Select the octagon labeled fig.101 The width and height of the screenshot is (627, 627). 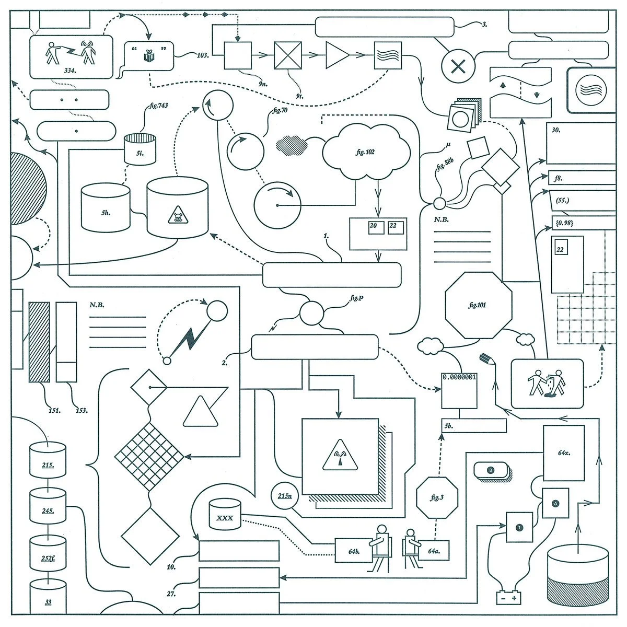(477, 305)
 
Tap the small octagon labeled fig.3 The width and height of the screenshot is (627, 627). (437, 497)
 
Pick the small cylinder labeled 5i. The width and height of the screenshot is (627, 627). (140, 150)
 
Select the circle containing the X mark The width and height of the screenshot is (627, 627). (458, 66)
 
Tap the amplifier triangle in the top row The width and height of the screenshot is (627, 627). (336, 54)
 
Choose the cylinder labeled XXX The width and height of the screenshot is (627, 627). (225, 515)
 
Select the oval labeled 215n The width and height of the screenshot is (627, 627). (285, 495)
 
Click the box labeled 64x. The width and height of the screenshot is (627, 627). (563, 452)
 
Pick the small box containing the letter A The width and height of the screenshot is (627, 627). (555, 503)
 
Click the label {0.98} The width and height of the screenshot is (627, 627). (564, 223)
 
